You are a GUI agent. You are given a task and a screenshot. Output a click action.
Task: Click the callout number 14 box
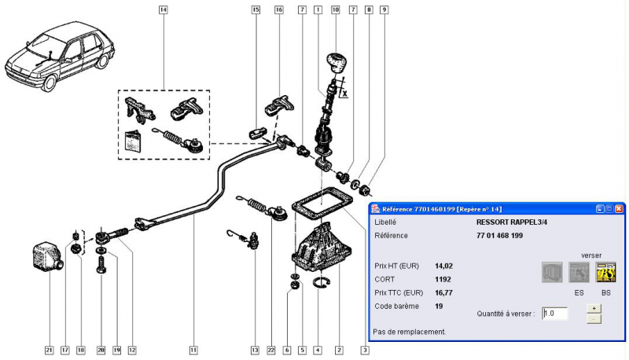[163, 10]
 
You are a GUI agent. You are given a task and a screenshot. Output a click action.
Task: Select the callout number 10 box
[336, 10]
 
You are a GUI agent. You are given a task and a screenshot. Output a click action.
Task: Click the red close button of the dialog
[619, 208]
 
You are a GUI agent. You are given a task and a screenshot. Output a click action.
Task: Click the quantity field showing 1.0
[554, 313]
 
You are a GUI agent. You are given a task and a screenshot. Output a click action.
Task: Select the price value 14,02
[443, 266]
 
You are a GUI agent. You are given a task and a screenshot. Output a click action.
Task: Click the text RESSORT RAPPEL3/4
[512, 222]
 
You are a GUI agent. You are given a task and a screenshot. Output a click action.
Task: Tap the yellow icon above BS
[605, 273]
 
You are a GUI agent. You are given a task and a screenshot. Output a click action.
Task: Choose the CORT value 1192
[443, 278]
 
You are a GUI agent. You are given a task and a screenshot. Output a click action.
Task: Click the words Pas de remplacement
[409, 332]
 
